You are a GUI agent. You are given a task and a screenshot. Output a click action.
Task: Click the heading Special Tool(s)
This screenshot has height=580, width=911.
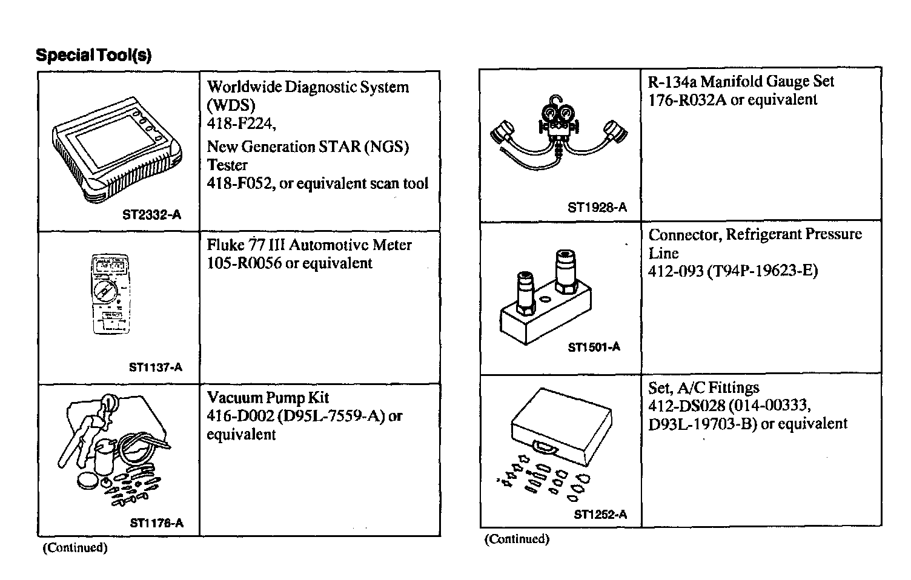93,55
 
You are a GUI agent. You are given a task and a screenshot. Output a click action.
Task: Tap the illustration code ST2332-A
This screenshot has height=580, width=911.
151,215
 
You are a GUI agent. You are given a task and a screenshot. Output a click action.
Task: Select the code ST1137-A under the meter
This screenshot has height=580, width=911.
156,367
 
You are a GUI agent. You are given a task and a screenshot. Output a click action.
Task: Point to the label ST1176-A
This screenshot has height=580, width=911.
156,523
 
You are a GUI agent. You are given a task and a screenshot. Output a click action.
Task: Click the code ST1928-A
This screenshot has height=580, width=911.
597,208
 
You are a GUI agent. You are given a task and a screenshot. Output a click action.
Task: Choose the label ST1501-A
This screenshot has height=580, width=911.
594,347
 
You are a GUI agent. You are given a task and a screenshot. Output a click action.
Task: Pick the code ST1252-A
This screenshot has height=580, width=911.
600,515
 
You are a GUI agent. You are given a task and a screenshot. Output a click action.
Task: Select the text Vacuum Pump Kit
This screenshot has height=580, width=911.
268,398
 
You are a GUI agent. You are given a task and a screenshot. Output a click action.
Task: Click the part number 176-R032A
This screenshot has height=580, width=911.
687,100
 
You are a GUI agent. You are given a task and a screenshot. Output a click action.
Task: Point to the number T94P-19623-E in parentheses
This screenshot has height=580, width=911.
763,271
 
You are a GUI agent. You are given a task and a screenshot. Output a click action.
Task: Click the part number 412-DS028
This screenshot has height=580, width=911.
687,405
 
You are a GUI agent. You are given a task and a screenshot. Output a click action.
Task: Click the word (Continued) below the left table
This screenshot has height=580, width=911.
75,548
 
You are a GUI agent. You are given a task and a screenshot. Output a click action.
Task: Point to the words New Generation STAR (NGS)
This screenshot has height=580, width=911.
308,147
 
